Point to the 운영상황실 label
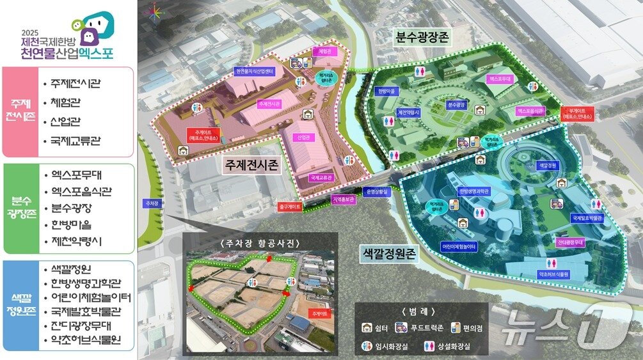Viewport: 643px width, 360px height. pos(376,191)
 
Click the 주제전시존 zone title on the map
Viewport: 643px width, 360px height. pos(251,166)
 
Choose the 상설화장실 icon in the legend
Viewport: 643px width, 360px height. pos(424,346)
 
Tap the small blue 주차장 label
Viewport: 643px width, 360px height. pos(152,203)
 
